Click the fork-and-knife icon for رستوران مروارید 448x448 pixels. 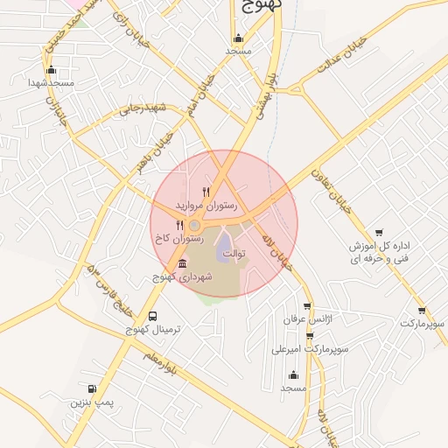point(206,192)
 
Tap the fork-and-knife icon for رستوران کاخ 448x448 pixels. point(179,225)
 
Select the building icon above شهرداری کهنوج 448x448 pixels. point(182,264)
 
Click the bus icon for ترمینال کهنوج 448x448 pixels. point(154,316)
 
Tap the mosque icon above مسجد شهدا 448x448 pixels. point(51,70)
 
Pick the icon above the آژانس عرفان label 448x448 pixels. point(306,306)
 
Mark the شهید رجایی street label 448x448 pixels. point(143,108)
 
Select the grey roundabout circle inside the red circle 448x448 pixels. point(193,226)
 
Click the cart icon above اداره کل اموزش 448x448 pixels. point(378,232)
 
